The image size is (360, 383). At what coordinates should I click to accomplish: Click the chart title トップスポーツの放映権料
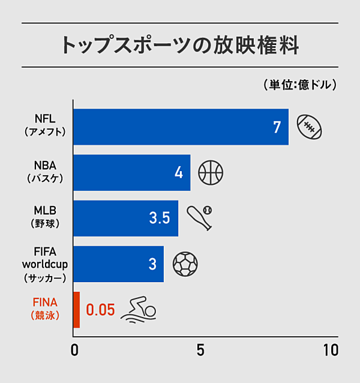click(x=180, y=46)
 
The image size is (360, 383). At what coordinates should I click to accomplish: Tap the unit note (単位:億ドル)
click(x=299, y=85)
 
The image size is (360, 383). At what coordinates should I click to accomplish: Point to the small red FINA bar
click(x=76, y=309)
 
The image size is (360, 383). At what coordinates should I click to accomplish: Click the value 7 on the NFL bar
click(x=277, y=127)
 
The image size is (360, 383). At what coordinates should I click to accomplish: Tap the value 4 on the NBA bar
click(x=178, y=173)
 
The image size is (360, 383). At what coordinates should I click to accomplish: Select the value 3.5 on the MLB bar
click(x=160, y=218)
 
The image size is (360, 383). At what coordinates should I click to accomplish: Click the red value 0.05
click(x=100, y=310)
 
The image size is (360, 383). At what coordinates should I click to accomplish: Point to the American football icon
click(x=310, y=127)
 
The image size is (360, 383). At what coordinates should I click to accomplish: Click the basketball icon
click(x=210, y=172)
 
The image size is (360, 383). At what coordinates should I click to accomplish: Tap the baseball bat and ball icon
click(x=200, y=217)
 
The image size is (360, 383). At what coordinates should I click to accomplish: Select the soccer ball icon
click(x=185, y=264)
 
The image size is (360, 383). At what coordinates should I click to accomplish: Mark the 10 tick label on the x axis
click(x=330, y=349)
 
